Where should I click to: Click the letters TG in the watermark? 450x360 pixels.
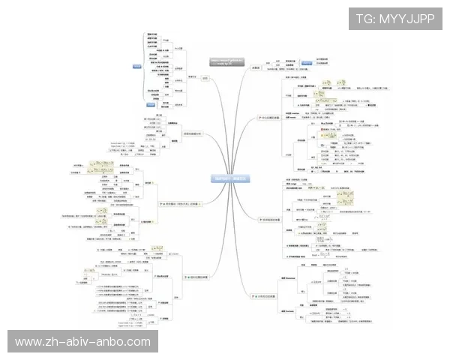click(x=364, y=19)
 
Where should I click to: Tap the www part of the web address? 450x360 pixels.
click(x=29, y=342)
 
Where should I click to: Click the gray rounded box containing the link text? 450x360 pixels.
click(x=226, y=64)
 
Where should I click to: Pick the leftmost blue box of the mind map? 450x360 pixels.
click(x=137, y=67)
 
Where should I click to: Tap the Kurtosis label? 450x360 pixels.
click(x=288, y=310)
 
